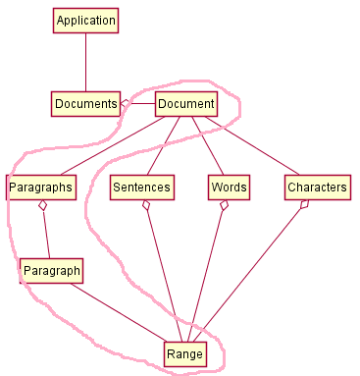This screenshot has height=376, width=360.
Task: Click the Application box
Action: point(85,21)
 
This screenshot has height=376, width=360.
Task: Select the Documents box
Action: point(85,103)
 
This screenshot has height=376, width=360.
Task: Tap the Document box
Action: point(185,103)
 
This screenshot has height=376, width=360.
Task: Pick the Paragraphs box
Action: point(40,187)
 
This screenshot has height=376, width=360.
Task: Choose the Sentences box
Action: point(141,187)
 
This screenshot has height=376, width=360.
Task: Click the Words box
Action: point(229,187)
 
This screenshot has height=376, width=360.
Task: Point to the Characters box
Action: point(317,187)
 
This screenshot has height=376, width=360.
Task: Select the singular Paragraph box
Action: point(50,270)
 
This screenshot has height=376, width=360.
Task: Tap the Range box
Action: point(183,353)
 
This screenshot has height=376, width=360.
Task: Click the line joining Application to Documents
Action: point(85,62)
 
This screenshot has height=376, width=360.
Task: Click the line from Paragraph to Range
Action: point(118,312)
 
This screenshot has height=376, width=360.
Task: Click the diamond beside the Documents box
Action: point(127,103)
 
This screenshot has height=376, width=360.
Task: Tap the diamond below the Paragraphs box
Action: point(42,206)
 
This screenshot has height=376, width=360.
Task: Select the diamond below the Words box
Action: point(225,206)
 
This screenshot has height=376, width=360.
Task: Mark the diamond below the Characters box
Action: point(305,205)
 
